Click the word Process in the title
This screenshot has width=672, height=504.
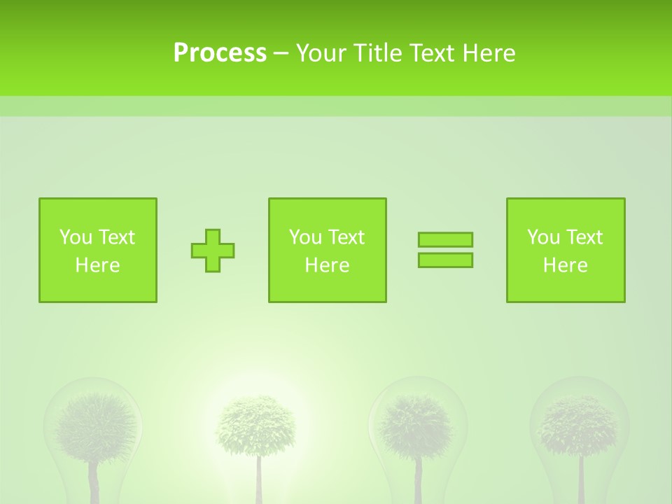coord(220,53)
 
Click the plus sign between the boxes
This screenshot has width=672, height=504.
coord(213,251)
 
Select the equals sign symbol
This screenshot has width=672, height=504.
coord(445,250)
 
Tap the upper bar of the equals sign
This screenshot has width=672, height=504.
coord(445,240)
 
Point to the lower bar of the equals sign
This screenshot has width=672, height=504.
coord(445,260)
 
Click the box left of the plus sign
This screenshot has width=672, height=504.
coord(98,251)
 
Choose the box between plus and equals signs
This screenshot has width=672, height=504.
coord(328,251)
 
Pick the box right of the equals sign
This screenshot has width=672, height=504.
coord(566,251)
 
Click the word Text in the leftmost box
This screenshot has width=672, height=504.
coord(116,237)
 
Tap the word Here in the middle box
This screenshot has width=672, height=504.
coord(328,265)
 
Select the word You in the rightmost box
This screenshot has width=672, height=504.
coord(543,237)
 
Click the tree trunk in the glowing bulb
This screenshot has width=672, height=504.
coord(258,479)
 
